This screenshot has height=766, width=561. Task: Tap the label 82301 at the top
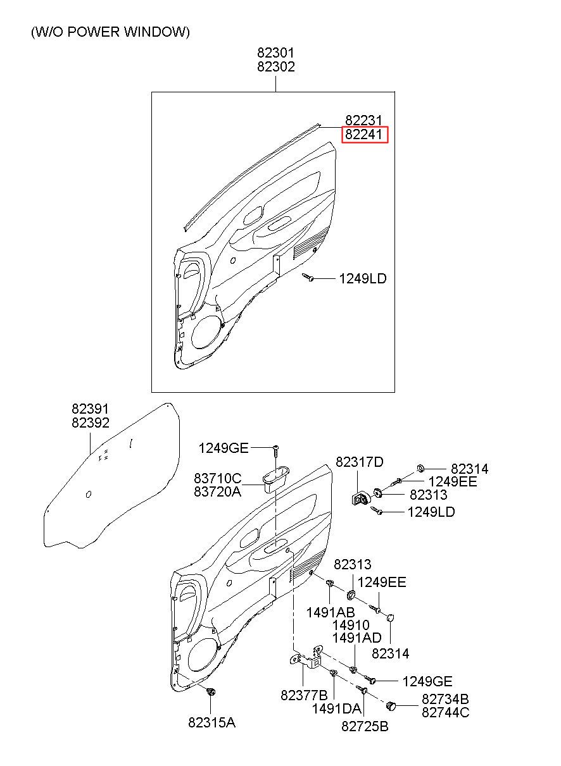[x=275, y=53]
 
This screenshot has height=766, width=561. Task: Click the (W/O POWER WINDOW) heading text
[x=110, y=32]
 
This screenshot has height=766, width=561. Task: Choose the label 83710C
[x=217, y=478]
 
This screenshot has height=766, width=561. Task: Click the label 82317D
[x=359, y=462]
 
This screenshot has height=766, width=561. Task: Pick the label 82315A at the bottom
[x=211, y=722]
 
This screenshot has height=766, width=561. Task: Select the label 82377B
[x=304, y=695]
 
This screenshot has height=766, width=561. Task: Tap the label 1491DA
[x=336, y=708]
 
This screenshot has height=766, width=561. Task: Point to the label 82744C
[x=445, y=712]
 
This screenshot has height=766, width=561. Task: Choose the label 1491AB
[x=330, y=612]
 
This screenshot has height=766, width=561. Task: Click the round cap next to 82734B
[x=392, y=704]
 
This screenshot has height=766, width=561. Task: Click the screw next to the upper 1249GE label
[x=275, y=449]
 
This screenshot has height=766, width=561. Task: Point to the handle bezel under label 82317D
[x=360, y=498]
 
